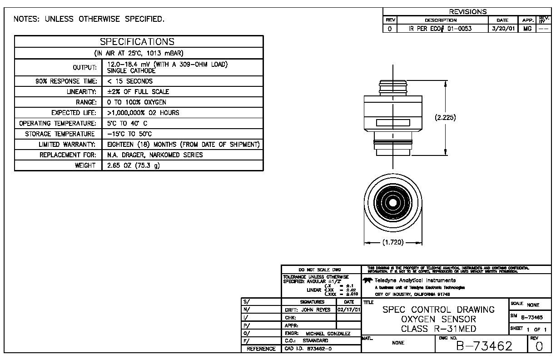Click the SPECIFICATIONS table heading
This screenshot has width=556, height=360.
(137, 42)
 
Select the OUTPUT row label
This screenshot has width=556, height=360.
(85, 68)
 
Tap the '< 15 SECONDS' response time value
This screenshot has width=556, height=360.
(130, 81)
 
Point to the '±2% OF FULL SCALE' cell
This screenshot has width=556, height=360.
(138, 92)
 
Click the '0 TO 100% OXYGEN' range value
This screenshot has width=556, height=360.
(137, 102)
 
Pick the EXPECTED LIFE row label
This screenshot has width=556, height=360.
(74, 113)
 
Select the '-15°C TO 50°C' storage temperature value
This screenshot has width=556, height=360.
(129, 134)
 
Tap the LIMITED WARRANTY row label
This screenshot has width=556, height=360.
(68, 145)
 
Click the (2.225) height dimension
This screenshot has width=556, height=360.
(445, 117)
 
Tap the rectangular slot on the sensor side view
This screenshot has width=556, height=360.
(391, 123)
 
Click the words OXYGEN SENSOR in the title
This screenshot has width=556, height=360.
(438, 319)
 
